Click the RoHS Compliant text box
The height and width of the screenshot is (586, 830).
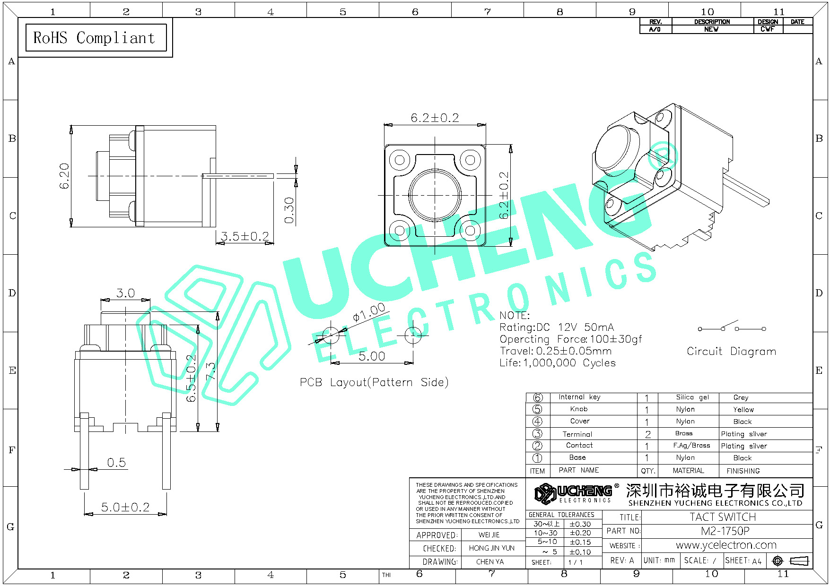click(x=95, y=38)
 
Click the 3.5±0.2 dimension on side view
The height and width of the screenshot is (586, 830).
click(x=245, y=236)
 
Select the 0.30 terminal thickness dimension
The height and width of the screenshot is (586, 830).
click(x=289, y=210)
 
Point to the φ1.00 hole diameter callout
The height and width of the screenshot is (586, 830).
click(x=369, y=313)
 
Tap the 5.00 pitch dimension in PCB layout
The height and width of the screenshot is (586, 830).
click(x=372, y=356)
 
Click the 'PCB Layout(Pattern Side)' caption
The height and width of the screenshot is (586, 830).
click(x=374, y=382)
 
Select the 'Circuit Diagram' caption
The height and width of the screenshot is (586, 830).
click(x=731, y=352)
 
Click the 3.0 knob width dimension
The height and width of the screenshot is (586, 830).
click(x=125, y=293)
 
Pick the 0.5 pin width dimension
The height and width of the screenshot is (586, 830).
click(x=116, y=463)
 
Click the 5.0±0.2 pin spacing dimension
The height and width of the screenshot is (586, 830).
click(x=125, y=507)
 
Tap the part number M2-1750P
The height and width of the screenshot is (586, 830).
click(x=725, y=531)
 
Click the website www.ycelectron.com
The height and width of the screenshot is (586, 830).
click(x=726, y=545)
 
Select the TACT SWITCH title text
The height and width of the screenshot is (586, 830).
click(x=723, y=517)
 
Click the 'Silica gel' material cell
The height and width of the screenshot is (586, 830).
click(x=692, y=397)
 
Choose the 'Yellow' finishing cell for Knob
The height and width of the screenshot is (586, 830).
click(x=743, y=410)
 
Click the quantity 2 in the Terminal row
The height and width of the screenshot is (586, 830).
click(x=647, y=434)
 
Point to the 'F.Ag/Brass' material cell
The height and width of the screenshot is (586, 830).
click(x=691, y=446)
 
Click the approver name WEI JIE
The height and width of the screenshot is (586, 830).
click(x=489, y=535)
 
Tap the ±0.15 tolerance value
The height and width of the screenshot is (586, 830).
click(x=580, y=543)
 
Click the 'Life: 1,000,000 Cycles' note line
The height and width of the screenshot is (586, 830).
click(x=558, y=363)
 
